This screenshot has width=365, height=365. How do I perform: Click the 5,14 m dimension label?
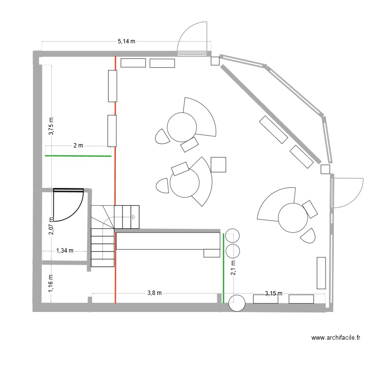(126, 42)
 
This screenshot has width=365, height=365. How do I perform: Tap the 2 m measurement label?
(78, 146)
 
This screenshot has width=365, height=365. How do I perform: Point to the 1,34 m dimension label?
(65, 251)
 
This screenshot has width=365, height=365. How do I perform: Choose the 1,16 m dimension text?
(51, 284)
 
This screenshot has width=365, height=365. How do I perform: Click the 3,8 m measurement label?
(154, 293)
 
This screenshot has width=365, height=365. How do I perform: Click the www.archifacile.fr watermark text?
(335, 338)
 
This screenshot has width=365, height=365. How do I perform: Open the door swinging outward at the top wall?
(193, 39)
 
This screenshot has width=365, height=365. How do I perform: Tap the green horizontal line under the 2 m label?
(78, 156)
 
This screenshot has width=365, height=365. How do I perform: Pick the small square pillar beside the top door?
(215, 61)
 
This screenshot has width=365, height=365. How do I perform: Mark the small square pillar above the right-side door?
(326, 169)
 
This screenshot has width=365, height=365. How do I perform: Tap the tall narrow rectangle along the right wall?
(321, 273)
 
